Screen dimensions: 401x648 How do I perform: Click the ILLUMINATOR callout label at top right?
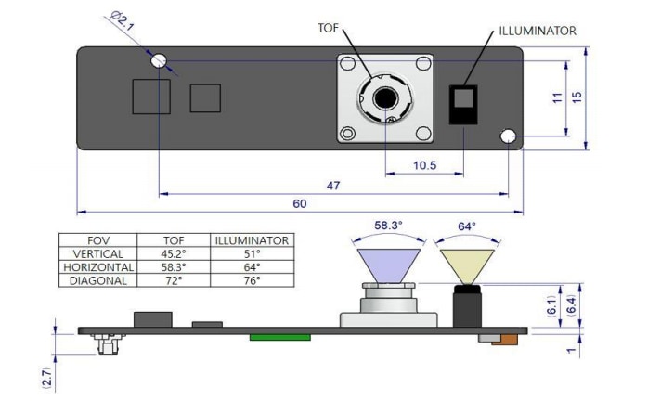click(x=538, y=31)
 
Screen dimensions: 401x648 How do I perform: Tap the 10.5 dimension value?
click(x=425, y=166)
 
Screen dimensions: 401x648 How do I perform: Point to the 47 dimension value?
click(x=332, y=186)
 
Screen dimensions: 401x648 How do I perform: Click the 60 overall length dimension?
click(x=300, y=204)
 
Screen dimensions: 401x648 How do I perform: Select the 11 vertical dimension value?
click(x=557, y=97)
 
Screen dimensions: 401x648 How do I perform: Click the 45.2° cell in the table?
click(x=174, y=253)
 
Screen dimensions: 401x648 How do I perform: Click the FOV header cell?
click(x=98, y=239)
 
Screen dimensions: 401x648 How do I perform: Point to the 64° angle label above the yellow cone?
click(x=466, y=226)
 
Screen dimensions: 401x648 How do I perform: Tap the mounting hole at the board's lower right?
click(x=508, y=136)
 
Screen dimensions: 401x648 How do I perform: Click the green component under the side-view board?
click(x=279, y=337)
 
